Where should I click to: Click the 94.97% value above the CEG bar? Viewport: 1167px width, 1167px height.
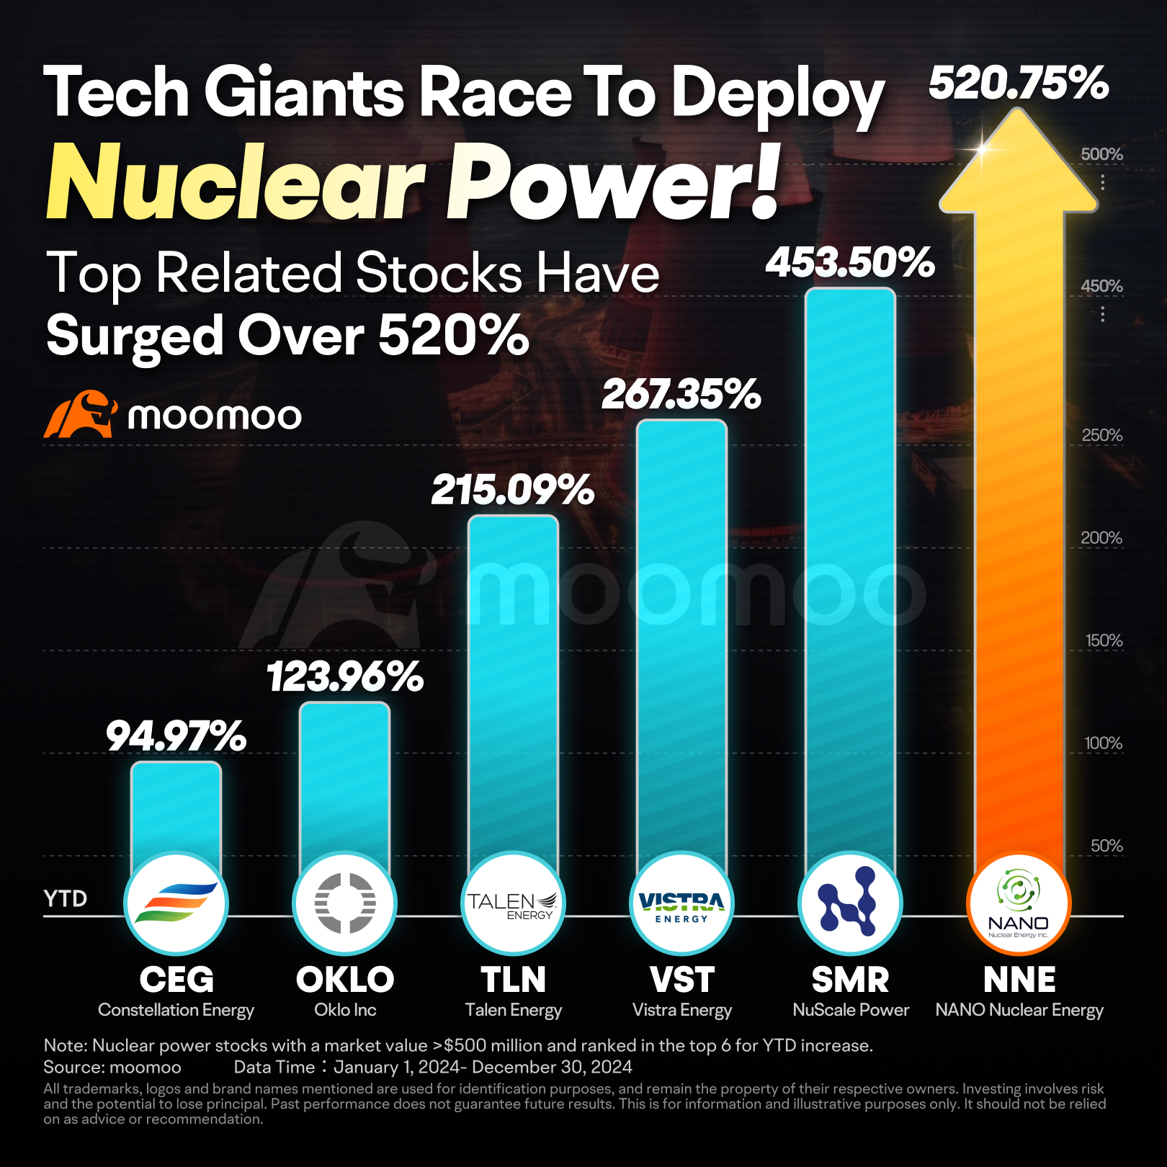pos(176,736)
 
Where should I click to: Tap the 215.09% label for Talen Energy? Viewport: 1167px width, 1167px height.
pos(512,491)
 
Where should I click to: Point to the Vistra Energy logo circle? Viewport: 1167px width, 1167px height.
pos(681,903)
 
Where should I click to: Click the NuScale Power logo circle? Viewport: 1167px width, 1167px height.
pos(850,903)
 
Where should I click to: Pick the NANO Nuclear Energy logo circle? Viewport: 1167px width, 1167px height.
pos(1019,903)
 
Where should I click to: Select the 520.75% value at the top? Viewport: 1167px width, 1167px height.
pos(1018,83)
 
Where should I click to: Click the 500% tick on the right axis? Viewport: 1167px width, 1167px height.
pos(1101,154)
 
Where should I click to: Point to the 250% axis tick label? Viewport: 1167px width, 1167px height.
pos(1102,435)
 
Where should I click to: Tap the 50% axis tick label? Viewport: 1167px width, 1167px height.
pos(1106,846)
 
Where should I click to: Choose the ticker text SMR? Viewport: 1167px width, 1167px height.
pos(850,980)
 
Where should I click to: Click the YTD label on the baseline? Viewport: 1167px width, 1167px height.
pos(66,898)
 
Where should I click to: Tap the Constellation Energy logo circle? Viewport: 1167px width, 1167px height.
pos(176,903)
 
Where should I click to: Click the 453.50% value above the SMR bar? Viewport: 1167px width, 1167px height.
pos(850,262)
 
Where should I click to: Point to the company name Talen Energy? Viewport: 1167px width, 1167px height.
pos(513,1010)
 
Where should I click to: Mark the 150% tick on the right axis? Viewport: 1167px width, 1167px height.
pos(1104,640)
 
